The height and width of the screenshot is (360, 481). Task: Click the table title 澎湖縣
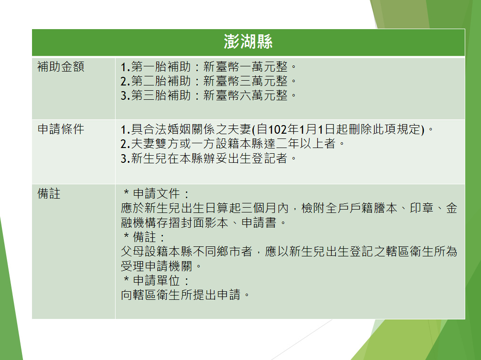[248, 42]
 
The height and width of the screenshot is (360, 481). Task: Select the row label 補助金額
[61, 66]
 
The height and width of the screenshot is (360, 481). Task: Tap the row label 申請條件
[61, 129]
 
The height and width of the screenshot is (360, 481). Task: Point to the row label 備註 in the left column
[49, 193]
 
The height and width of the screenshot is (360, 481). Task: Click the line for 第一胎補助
[209, 66]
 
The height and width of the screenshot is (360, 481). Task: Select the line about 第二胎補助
[209, 81]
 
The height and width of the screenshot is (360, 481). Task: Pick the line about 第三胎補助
[209, 95]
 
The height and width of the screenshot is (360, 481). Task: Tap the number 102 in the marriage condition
[278, 129]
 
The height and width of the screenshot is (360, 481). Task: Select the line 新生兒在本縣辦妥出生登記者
[209, 158]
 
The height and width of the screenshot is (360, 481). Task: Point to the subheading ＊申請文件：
[157, 193]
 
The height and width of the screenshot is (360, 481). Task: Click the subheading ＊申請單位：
[157, 281]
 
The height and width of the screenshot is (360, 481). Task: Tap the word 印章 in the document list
[422, 208]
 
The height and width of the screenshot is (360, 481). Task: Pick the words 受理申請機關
[157, 266]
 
